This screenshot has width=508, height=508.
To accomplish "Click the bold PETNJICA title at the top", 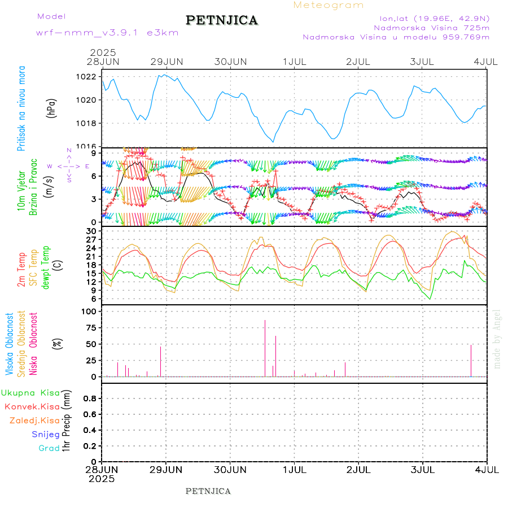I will (222, 20).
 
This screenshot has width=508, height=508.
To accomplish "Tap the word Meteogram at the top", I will (329, 5).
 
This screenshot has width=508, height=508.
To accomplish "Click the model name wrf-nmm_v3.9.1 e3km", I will (107, 33).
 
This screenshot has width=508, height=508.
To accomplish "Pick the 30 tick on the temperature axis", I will (91, 231).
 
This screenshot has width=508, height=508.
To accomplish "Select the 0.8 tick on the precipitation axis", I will (90, 398).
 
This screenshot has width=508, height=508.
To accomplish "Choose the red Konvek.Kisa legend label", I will (32, 406).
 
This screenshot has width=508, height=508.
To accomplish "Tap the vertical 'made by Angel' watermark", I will (497, 338).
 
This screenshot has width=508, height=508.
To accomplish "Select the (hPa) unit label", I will (52, 108).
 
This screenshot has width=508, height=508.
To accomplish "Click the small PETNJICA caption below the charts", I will (208, 491).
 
